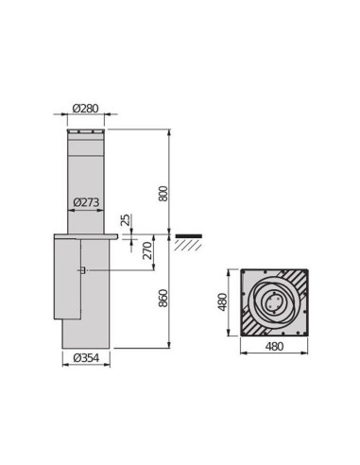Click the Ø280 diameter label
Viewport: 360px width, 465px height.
click(85, 109)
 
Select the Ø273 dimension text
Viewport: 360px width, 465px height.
click(86, 201)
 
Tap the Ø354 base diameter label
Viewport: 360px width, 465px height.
click(86, 357)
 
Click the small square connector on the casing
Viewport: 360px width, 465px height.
click(85, 272)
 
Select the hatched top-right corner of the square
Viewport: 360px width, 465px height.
click(299, 281)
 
